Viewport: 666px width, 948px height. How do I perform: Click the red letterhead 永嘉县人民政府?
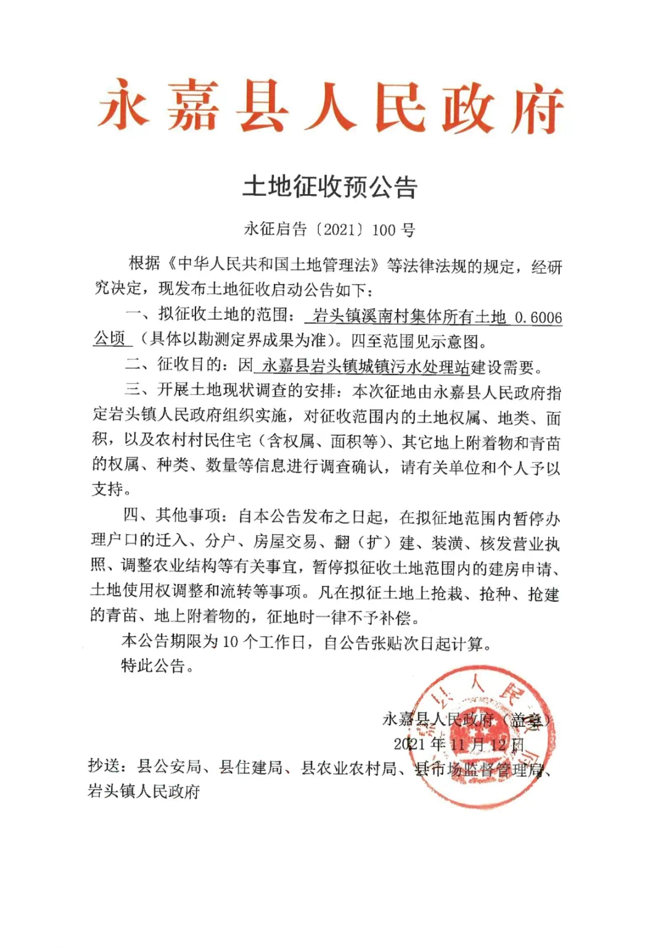click(x=331, y=108)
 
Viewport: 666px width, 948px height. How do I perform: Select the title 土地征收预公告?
click(x=331, y=187)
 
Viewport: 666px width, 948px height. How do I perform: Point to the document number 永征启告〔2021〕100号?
click(x=330, y=230)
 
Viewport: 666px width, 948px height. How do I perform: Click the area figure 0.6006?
click(x=538, y=318)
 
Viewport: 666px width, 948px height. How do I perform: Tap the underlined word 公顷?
click(x=109, y=339)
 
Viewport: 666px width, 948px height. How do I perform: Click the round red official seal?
click(x=482, y=736)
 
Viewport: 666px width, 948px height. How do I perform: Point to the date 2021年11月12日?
click(x=459, y=744)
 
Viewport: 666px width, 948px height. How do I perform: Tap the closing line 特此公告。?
click(x=158, y=666)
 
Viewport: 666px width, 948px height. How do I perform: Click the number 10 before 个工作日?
click(x=230, y=642)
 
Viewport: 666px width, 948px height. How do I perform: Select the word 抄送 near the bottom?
click(x=104, y=767)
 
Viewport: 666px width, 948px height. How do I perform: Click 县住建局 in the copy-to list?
click(x=250, y=768)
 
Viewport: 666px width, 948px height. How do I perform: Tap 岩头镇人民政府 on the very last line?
click(x=144, y=792)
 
